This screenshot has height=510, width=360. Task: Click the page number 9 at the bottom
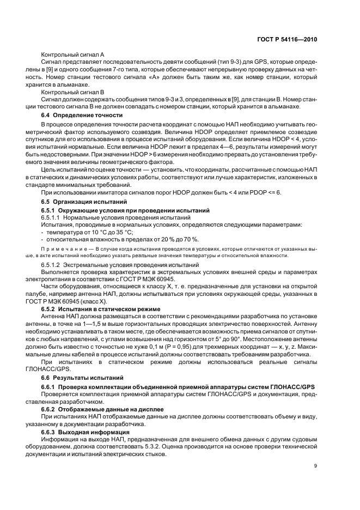[315, 465]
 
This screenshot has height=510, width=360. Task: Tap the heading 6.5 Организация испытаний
[76, 202]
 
